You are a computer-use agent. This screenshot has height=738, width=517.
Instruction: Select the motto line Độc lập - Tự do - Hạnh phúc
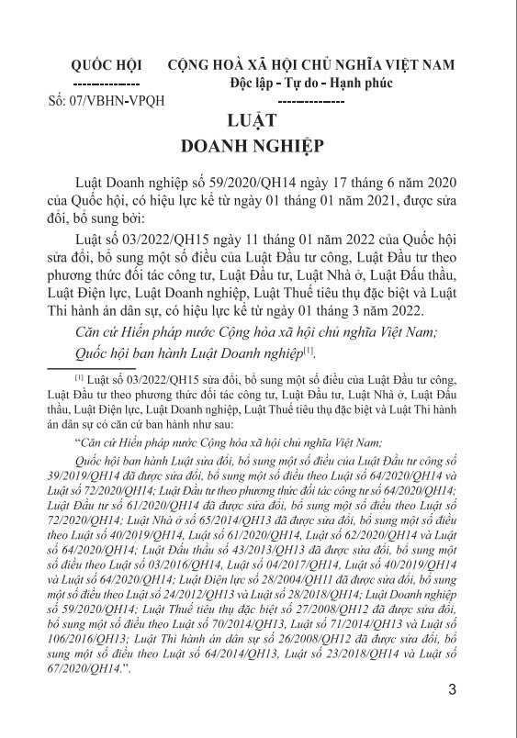311,83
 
